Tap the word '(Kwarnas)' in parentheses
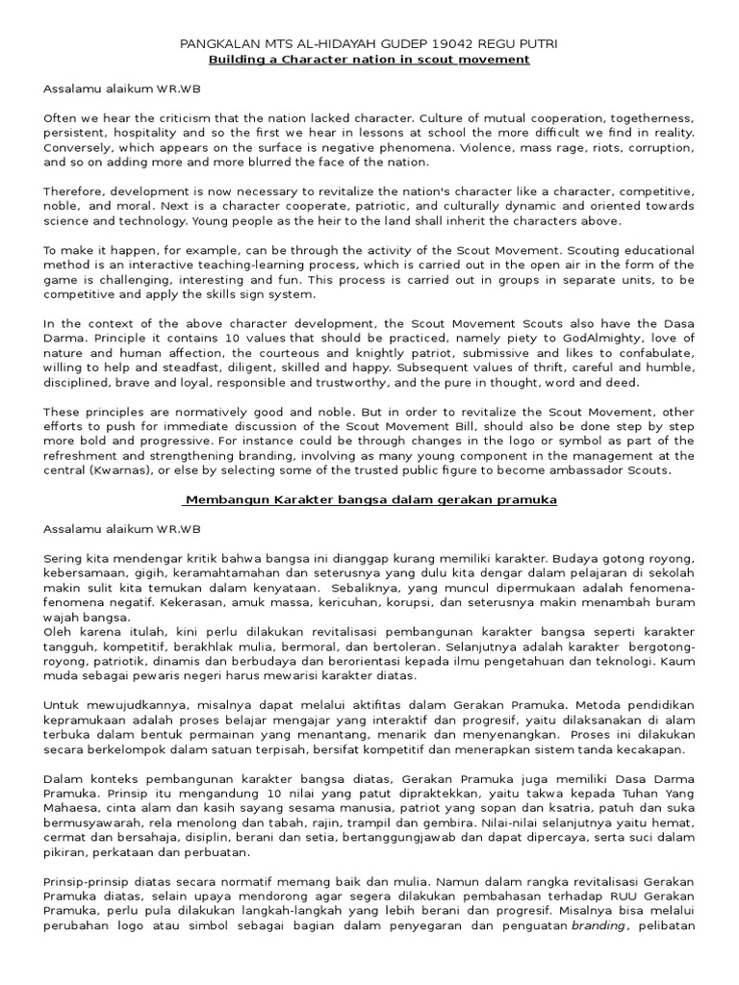[x=114, y=470]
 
